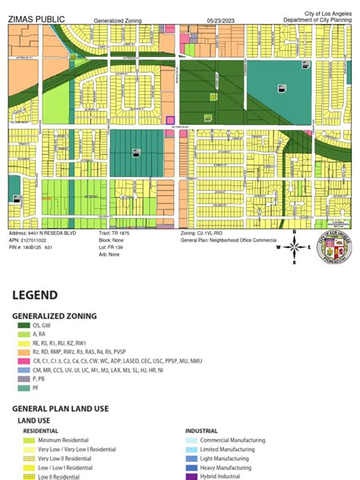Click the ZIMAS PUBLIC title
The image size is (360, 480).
(36, 17)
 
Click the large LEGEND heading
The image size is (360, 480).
(34, 295)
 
